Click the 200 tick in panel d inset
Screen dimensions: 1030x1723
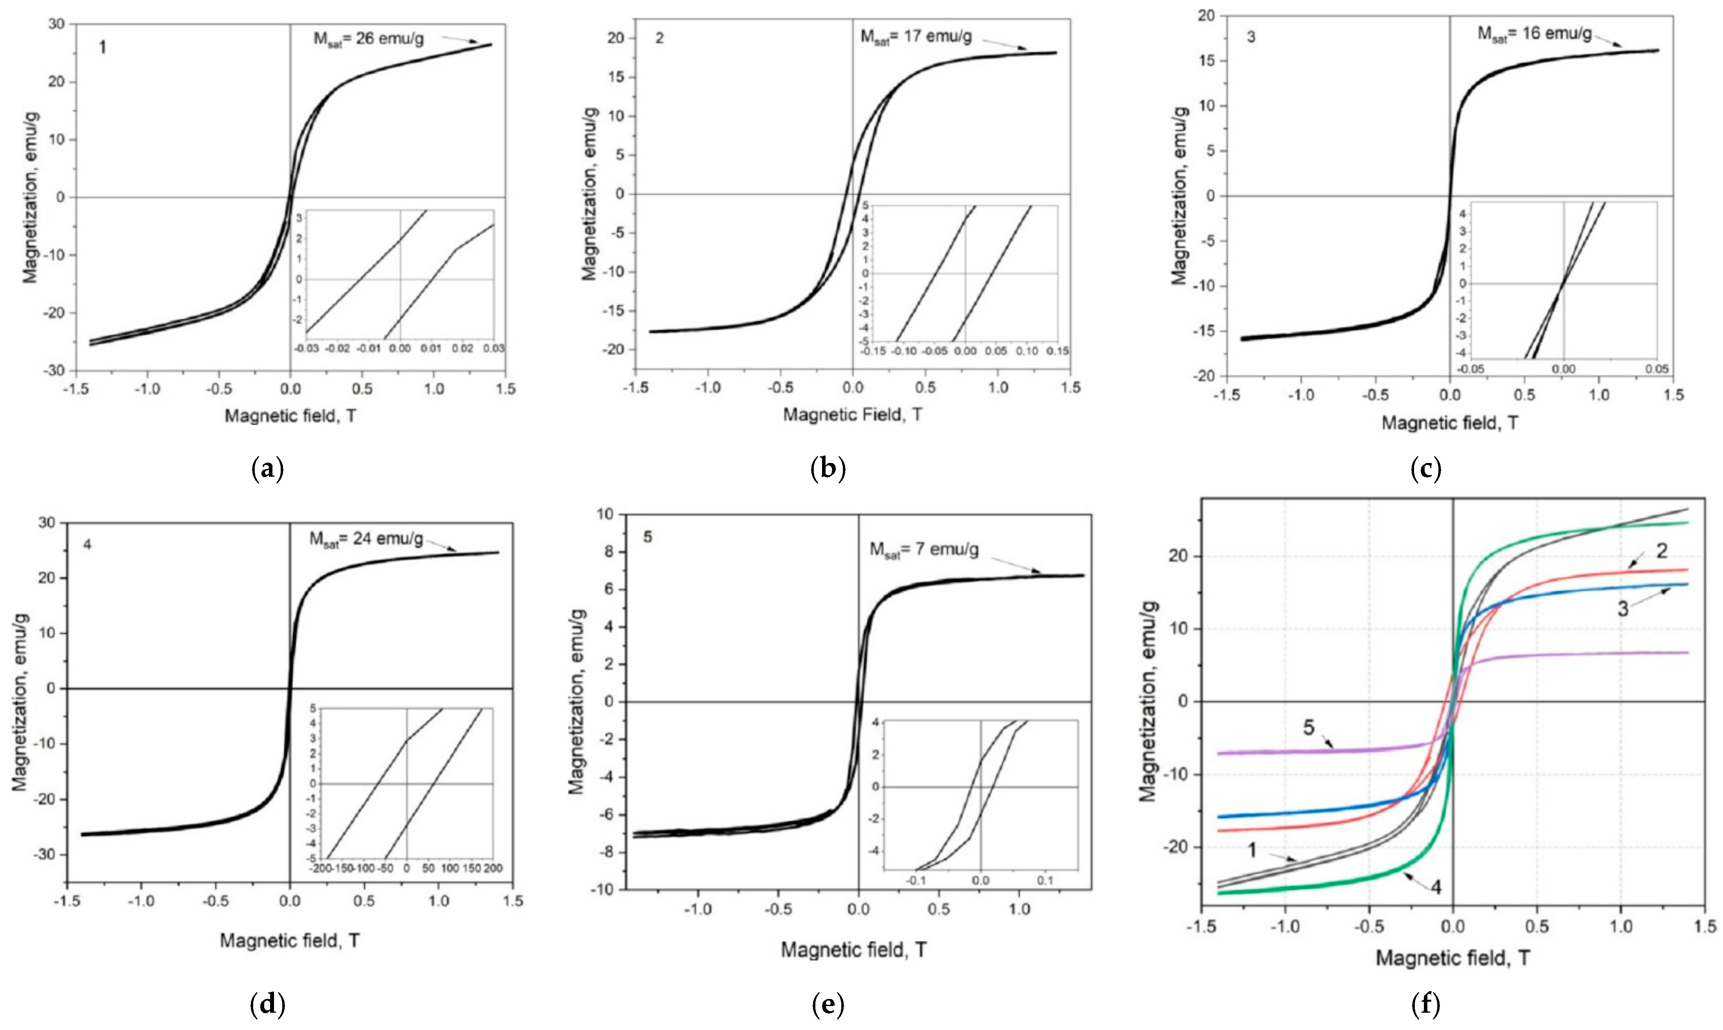click(x=493, y=868)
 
